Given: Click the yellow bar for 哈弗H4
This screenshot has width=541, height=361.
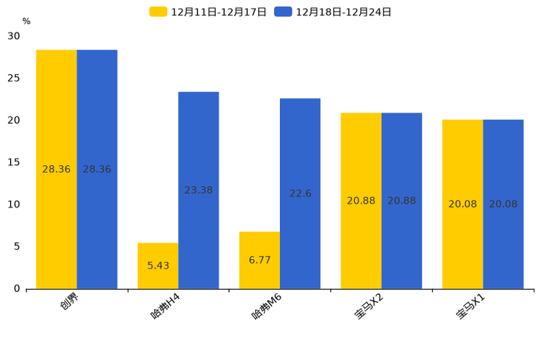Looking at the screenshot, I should click(158, 266).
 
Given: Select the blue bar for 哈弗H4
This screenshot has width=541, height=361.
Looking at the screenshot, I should click(199, 190).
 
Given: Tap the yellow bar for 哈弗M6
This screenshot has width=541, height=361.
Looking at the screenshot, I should click(260, 260).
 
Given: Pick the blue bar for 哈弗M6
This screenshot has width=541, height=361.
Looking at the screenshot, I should click(300, 194).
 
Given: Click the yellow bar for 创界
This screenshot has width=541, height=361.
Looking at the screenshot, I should click(57, 169).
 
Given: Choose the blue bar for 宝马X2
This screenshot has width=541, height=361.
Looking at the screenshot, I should click(401, 201).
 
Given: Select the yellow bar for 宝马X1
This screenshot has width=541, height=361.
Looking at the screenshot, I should click(462, 204).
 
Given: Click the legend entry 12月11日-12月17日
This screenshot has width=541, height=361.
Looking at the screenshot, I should click(209, 12).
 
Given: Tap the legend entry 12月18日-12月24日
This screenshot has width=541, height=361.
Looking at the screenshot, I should click(334, 12).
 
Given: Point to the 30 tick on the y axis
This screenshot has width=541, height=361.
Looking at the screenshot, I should click(14, 36).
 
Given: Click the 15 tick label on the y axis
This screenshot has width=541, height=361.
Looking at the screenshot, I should click(14, 162).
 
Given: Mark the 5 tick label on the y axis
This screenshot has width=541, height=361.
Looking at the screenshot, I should click(17, 247).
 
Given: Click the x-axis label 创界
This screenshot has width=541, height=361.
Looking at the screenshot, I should click(70, 301).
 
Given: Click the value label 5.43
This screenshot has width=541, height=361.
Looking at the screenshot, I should click(158, 266).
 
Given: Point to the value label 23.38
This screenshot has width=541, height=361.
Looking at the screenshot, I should click(199, 190).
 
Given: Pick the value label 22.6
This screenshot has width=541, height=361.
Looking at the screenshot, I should click(300, 194).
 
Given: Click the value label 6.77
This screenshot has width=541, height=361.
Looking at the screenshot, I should click(260, 260).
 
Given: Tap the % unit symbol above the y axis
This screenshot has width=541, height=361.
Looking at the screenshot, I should click(26, 22).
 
